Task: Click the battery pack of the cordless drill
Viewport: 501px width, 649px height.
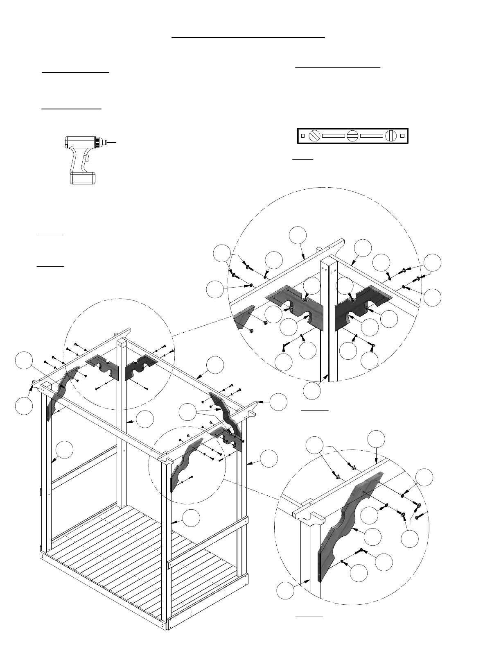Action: (x=83, y=178)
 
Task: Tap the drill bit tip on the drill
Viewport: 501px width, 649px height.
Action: (x=116, y=142)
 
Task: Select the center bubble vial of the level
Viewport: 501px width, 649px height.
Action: (x=353, y=136)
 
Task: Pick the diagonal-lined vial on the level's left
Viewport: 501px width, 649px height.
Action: (x=314, y=136)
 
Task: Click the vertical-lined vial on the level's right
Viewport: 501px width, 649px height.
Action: (x=391, y=136)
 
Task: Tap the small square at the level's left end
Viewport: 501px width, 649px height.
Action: (x=303, y=136)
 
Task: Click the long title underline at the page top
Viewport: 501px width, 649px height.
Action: (x=248, y=37)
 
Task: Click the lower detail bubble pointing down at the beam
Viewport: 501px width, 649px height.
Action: (x=376, y=440)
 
